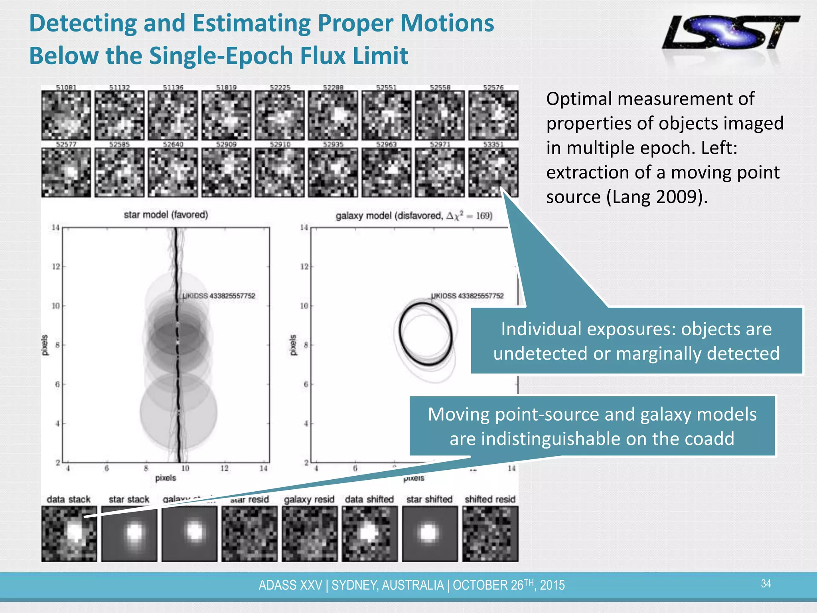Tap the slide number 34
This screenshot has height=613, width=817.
[x=766, y=584]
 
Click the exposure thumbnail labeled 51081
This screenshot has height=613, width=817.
[x=66, y=115]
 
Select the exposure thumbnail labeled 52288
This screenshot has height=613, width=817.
[x=333, y=115]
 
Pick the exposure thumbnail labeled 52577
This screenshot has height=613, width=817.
[x=66, y=172]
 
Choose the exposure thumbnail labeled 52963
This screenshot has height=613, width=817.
[x=387, y=172]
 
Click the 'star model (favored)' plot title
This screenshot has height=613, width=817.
[x=166, y=215]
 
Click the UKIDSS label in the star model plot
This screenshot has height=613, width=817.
[x=219, y=296]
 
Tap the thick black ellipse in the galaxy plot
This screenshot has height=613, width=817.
[x=400, y=335]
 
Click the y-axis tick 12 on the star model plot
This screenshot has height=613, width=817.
[x=56, y=267]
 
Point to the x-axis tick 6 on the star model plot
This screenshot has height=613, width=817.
[x=107, y=469]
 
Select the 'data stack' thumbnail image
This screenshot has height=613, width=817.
[x=69, y=534]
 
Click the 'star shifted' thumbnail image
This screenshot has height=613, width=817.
[x=430, y=534]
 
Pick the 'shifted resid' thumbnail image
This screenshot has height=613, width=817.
[x=490, y=534]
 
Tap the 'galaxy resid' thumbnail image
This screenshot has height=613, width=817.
[x=310, y=534]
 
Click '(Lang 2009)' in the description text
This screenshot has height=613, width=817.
[x=657, y=197]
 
